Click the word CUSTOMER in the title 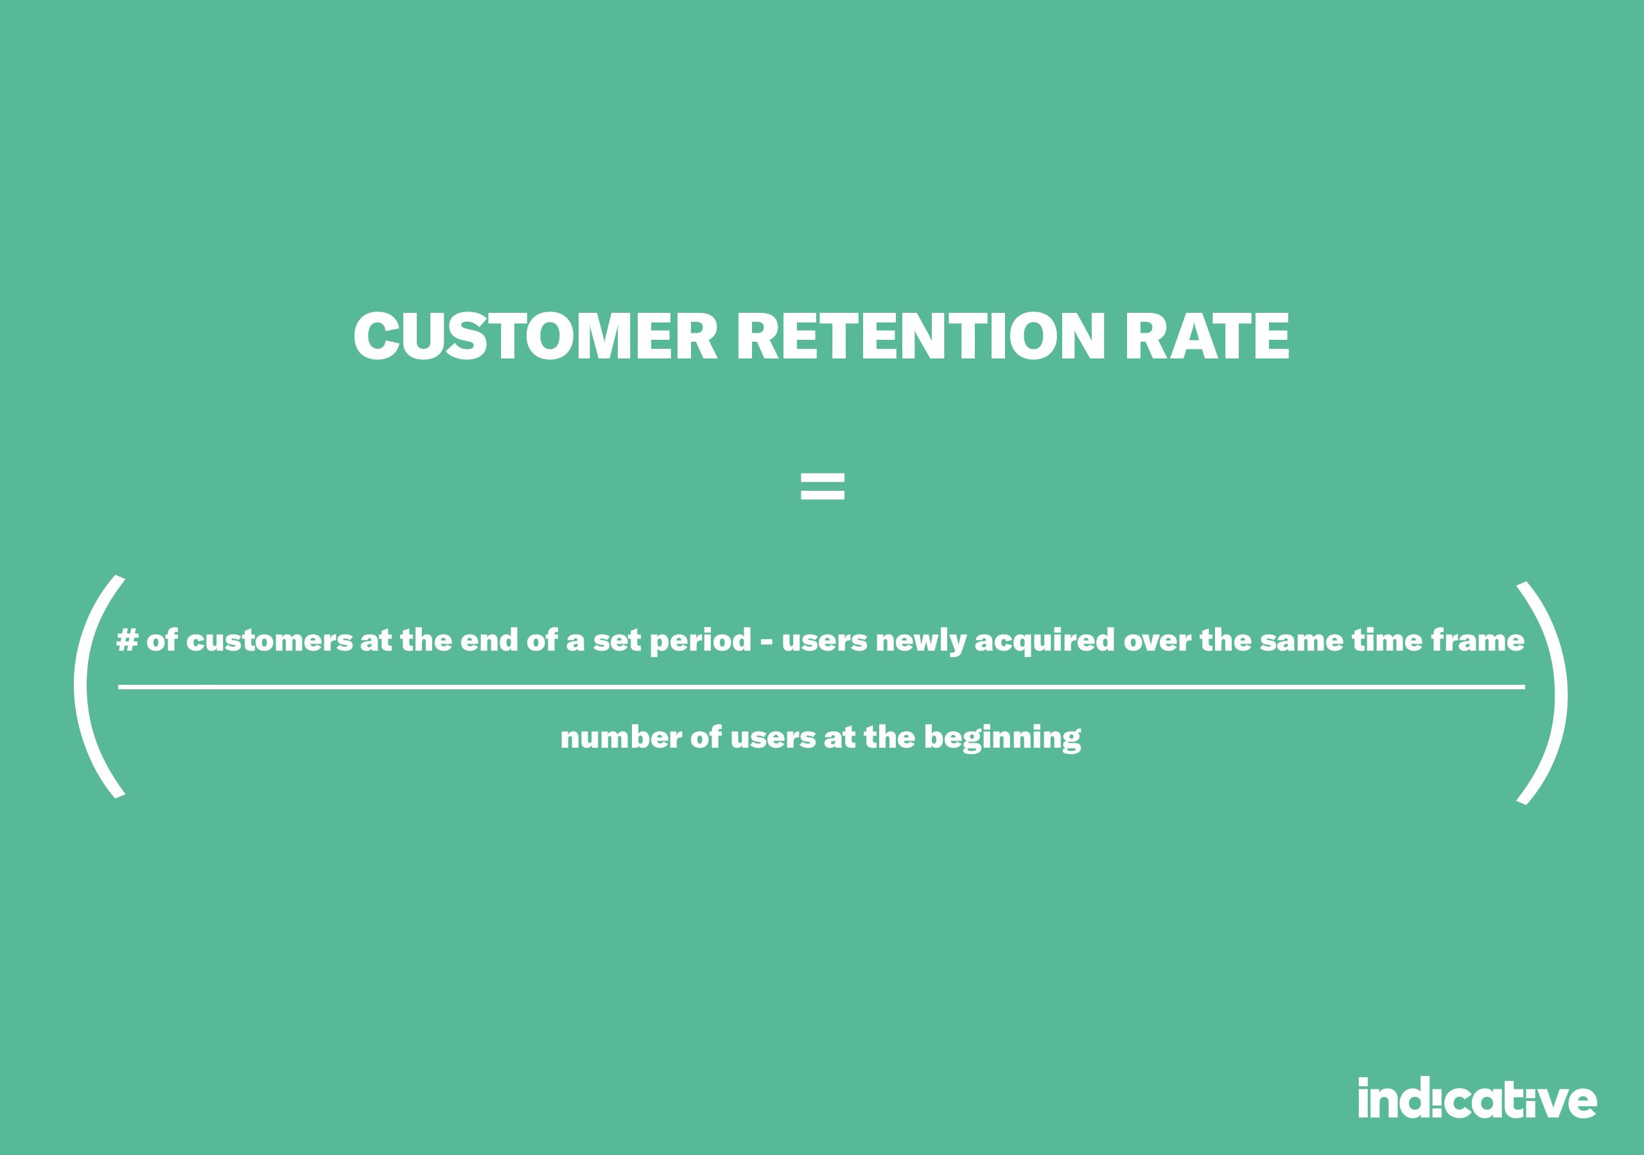(535, 336)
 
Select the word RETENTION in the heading (922, 336)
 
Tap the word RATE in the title (1207, 336)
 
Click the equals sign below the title (822, 486)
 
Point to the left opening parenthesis (81, 686)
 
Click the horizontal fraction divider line (821, 687)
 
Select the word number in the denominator (621, 737)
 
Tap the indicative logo (1477, 1098)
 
